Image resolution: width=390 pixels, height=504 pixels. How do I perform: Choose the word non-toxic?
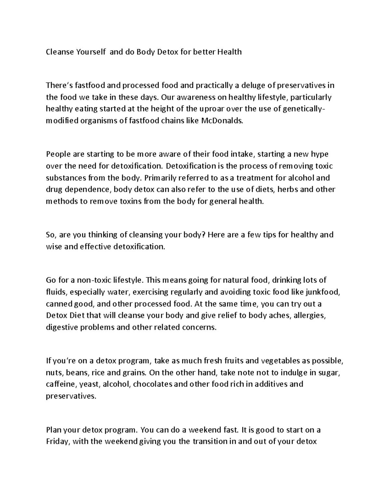coord(89,280)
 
